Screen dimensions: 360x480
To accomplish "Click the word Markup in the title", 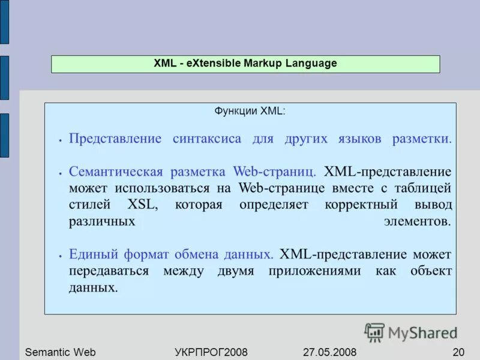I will click(x=263, y=64).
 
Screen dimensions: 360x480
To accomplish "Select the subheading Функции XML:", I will click(x=250, y=112).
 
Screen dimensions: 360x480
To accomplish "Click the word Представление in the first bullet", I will click(x=115, y=139).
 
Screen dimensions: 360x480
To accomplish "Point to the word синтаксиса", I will click(x=207, y=139).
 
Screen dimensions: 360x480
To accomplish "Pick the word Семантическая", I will click(x=116, y=172).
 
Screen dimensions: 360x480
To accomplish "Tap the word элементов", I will click(x=416, y=221).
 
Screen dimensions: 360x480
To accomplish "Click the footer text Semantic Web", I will click(x=60, y=352).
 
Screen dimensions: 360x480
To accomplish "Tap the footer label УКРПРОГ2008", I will click(x=211, y=352).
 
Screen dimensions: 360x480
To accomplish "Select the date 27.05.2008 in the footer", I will click(x=326, y=352).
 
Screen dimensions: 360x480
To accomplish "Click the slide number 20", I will click(x=458, y=352).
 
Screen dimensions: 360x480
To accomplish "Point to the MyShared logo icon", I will click(x=374, y=332).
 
